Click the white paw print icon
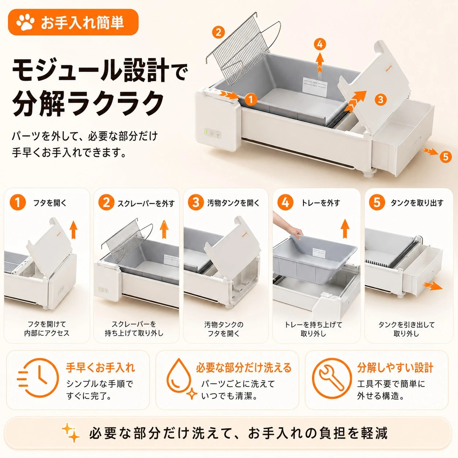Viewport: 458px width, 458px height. [x=26, y=23]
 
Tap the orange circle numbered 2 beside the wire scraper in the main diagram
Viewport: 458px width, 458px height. [x=218, y=33]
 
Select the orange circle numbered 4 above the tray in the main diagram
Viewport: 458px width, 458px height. [x=320, y=45]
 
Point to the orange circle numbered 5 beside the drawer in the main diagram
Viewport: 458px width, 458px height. [x=446, y=157]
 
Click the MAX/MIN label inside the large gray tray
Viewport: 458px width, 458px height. [x=315, y=87]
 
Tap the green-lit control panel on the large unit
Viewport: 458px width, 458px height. [x=213, y=133]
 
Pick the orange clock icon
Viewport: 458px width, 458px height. [x=38, y=378]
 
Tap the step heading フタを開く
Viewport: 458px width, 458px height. [x=50, y=203]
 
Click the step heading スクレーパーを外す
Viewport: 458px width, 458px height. [x=146, y=203]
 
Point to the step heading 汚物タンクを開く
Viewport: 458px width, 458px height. [x=233, y=203]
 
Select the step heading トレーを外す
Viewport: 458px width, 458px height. [x=320, y=203]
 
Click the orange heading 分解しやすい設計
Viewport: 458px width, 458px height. [x=395, y=368]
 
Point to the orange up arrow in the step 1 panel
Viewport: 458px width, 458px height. [x=74, y=230]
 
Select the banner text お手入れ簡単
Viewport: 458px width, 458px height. [x=82, y=23]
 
